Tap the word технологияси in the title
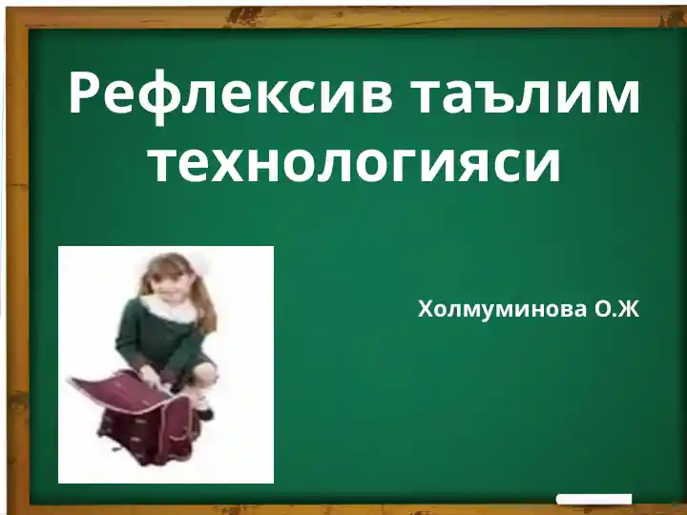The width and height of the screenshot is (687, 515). coord(353,161)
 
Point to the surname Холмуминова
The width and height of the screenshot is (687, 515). coord(503,309)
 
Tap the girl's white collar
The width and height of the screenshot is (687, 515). coord(168,307)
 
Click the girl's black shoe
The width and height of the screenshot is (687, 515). coord(203,412)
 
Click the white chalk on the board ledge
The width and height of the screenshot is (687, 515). coord(594,499)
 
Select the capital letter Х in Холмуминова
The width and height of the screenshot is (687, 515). coord(427,309)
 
